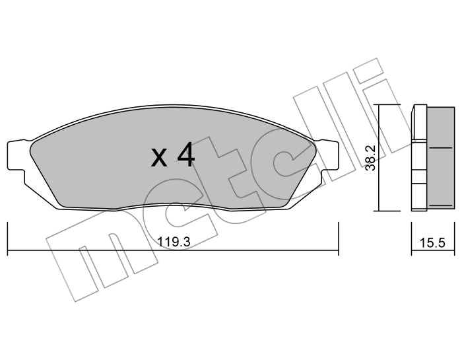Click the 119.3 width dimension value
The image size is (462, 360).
(174, 242)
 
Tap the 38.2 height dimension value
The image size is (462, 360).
(370, 158)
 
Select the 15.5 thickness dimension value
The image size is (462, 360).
(432, 242)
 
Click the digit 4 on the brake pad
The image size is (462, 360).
(186, 155)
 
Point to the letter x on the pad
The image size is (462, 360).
(159, 158)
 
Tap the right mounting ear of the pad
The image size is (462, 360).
(329, 155)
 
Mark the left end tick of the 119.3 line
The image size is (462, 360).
(7, 239)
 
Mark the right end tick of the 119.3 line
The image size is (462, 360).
(339, 239)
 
